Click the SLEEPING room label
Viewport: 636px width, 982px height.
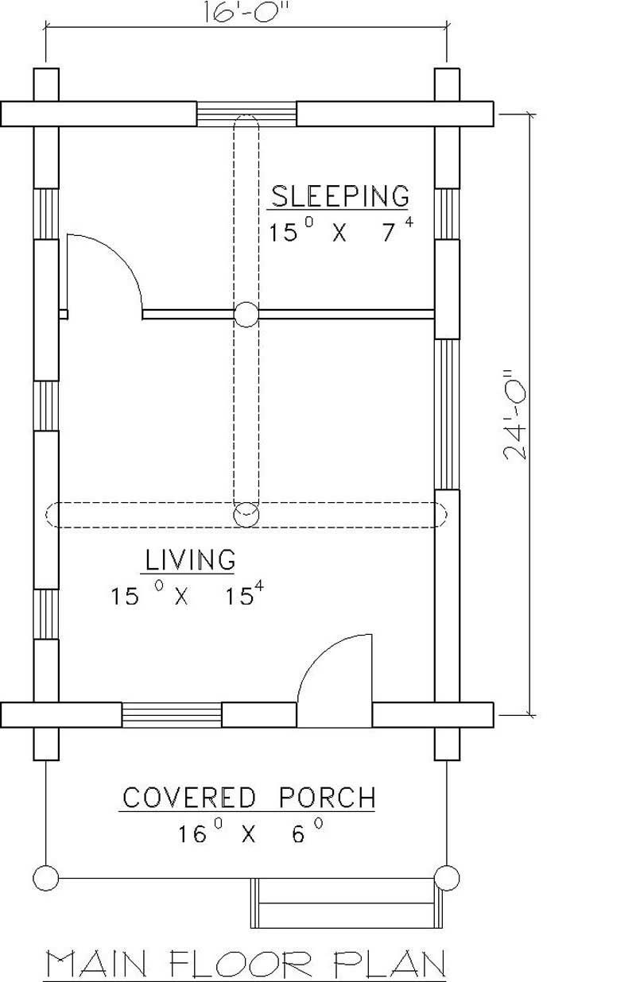(x=341, y=195)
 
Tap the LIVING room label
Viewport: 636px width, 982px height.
(x=190, y=559)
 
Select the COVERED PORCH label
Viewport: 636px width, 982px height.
(x=248, y=797)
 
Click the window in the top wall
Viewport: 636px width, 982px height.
(x=246, y=114)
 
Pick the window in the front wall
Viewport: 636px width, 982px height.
(x=171, y=714)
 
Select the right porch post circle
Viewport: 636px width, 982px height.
(x=448, y=878)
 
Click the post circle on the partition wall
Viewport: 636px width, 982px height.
(x=246, y=315)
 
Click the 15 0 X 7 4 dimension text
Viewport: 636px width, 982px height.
(x=341, y=233)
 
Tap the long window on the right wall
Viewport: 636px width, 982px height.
(x=448, y=413)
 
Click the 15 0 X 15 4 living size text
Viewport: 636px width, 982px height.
(x=188, y=596)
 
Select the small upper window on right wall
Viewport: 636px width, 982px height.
(x=448, y=213)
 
